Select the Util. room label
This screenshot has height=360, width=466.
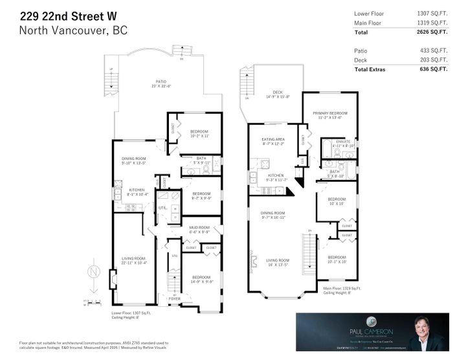pyautogui.click(x=162, y=207)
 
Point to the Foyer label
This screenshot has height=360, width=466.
pyautogui.click(x=175, y=298)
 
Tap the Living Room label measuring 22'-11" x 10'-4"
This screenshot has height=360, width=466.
pyautogui.click(x=133, y=260)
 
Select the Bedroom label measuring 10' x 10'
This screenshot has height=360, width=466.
pyautogui.click(x=337, y=201)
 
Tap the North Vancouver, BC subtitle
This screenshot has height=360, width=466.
pyautogui.click(x=73, y=31)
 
